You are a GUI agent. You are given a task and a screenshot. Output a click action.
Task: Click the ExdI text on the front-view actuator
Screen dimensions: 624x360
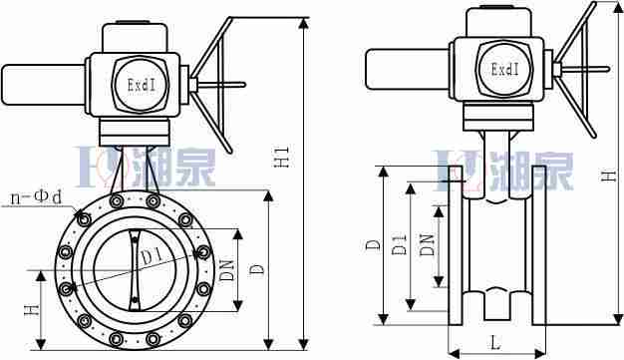(142, 85)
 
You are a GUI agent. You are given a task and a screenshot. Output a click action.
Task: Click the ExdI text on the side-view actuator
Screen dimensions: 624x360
(505, 69)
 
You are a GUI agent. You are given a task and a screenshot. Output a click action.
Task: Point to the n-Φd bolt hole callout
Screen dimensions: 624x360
(36, 197)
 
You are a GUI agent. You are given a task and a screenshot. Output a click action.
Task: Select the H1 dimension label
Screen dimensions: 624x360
(282, 157)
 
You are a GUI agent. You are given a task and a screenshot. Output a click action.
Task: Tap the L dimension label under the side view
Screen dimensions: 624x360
(495, 342)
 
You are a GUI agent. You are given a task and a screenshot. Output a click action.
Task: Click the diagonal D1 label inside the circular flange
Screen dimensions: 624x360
(151, 256)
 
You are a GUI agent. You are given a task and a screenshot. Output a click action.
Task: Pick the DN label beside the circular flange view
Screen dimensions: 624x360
(227, 270)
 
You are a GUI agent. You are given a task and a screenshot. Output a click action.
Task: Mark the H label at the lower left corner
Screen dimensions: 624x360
(32, 310)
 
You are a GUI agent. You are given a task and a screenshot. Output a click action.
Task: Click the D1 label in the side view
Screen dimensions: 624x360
(399, 245)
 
